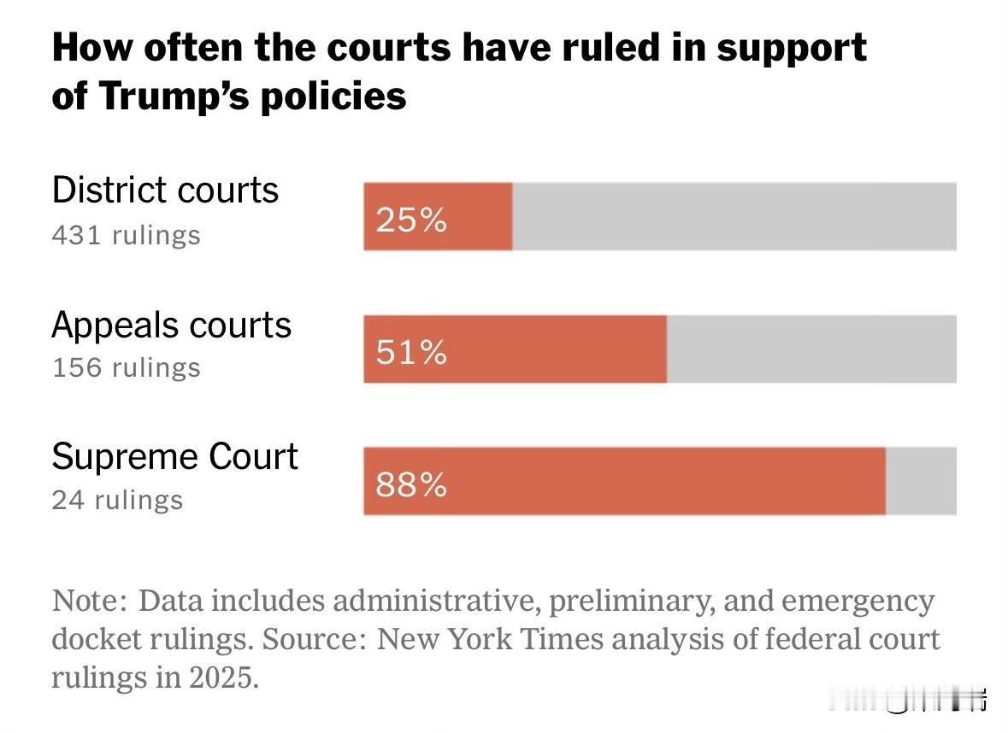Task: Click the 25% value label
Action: point(411,220)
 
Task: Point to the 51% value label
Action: point(411,352)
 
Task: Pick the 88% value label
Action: point(411,485)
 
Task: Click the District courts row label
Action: point(165,190)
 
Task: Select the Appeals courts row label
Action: point(172,325)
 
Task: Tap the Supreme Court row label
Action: point(174,457)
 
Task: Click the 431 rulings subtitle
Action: point(126,235)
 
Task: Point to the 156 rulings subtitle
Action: point(126,367)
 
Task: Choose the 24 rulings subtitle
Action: point(117,500)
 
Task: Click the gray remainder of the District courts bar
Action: point(734,216)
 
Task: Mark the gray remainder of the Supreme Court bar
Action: point(921,481)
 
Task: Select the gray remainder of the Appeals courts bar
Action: point(811,349)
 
